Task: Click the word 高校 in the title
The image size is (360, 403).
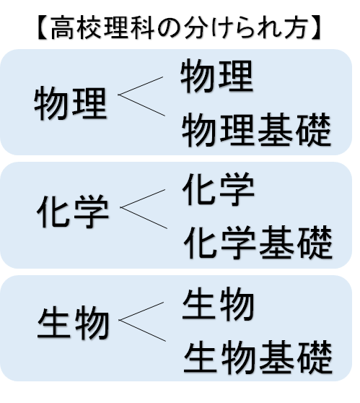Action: (76, 27)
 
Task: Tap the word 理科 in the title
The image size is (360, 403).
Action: (128, 27)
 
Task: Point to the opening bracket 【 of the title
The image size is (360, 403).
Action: (43, 27)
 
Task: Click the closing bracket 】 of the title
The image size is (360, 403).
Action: (316, 27)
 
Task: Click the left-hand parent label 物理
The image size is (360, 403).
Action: (70, 103)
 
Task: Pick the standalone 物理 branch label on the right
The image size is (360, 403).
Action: (217, 76)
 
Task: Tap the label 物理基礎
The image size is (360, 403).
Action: (256, 129)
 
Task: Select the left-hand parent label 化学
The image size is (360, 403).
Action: (73, 212)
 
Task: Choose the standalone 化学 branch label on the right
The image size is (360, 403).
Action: (219, 189)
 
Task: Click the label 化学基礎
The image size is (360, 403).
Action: (258, 243)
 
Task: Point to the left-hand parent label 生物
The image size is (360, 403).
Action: (74, 322)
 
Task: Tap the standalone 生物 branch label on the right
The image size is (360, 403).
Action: (219, 304)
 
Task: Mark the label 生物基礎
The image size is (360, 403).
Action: (258, 357)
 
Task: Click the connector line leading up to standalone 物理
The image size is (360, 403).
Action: (141, 86)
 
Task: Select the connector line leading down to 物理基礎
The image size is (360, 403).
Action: (141, 105)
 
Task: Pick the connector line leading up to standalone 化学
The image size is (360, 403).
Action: (143, 199)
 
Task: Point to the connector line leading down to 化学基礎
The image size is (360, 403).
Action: (144, 217)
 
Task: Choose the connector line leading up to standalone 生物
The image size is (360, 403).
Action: (141, 311)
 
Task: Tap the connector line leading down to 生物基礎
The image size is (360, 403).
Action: (142, 331)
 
